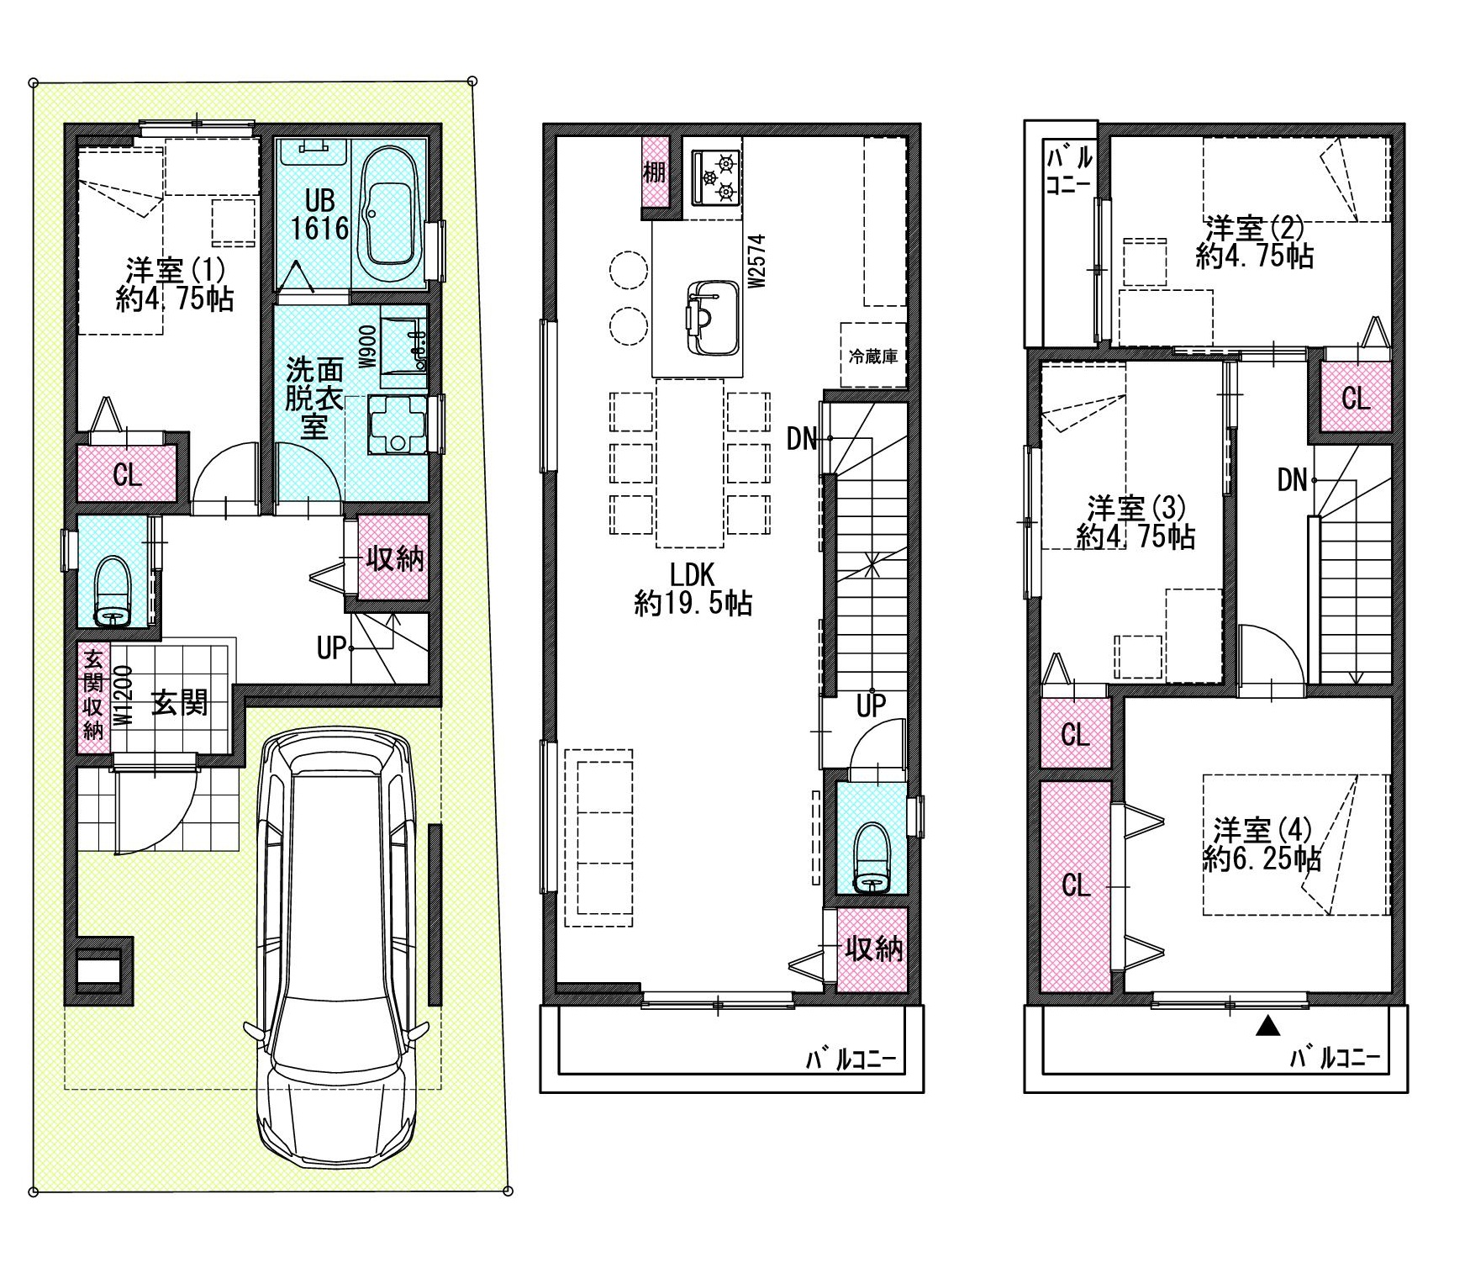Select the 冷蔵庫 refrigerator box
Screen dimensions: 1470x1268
pyautogui.click(x=873, y=355)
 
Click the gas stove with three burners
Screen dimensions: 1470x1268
pyautogui.click(x=716, y=177)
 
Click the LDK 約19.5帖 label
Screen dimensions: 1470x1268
pyautogui.click(x=693, y=589)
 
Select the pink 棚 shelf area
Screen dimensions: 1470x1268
pyautogui.click(x=654, y=172)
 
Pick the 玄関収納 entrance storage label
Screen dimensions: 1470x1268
pyautogui.click(x=92, y=691)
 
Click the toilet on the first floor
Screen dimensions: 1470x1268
pyautogui.click(x=114, y=592)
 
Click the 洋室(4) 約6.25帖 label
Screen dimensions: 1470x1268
pyautogui.click(x=1262, y=845)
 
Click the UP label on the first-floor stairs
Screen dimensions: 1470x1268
pyautogui.click(x=332, y=648)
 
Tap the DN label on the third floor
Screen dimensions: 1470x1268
pyautogui.click(x=1293, y=480)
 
